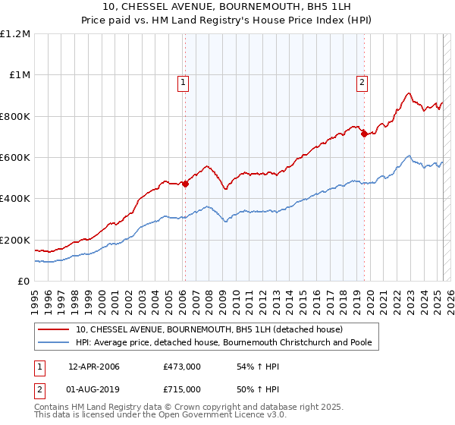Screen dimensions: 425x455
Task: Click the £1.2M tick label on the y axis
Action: click(x=15, y=34)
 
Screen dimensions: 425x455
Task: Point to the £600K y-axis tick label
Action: click(x=15, y=158)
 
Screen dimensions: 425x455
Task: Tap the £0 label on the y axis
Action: click(x=23, y=282)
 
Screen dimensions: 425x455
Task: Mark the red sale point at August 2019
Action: click(x=364, y=134)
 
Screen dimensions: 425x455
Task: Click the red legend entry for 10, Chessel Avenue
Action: click(x=209, y=329)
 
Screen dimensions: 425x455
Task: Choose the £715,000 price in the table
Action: click(x=182, y=389)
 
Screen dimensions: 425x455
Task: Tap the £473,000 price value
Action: click(x=182, y=367)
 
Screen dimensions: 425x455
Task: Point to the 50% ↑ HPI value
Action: click(x=252, y=389)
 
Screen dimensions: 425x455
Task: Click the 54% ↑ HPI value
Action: click(x=252, y=367)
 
